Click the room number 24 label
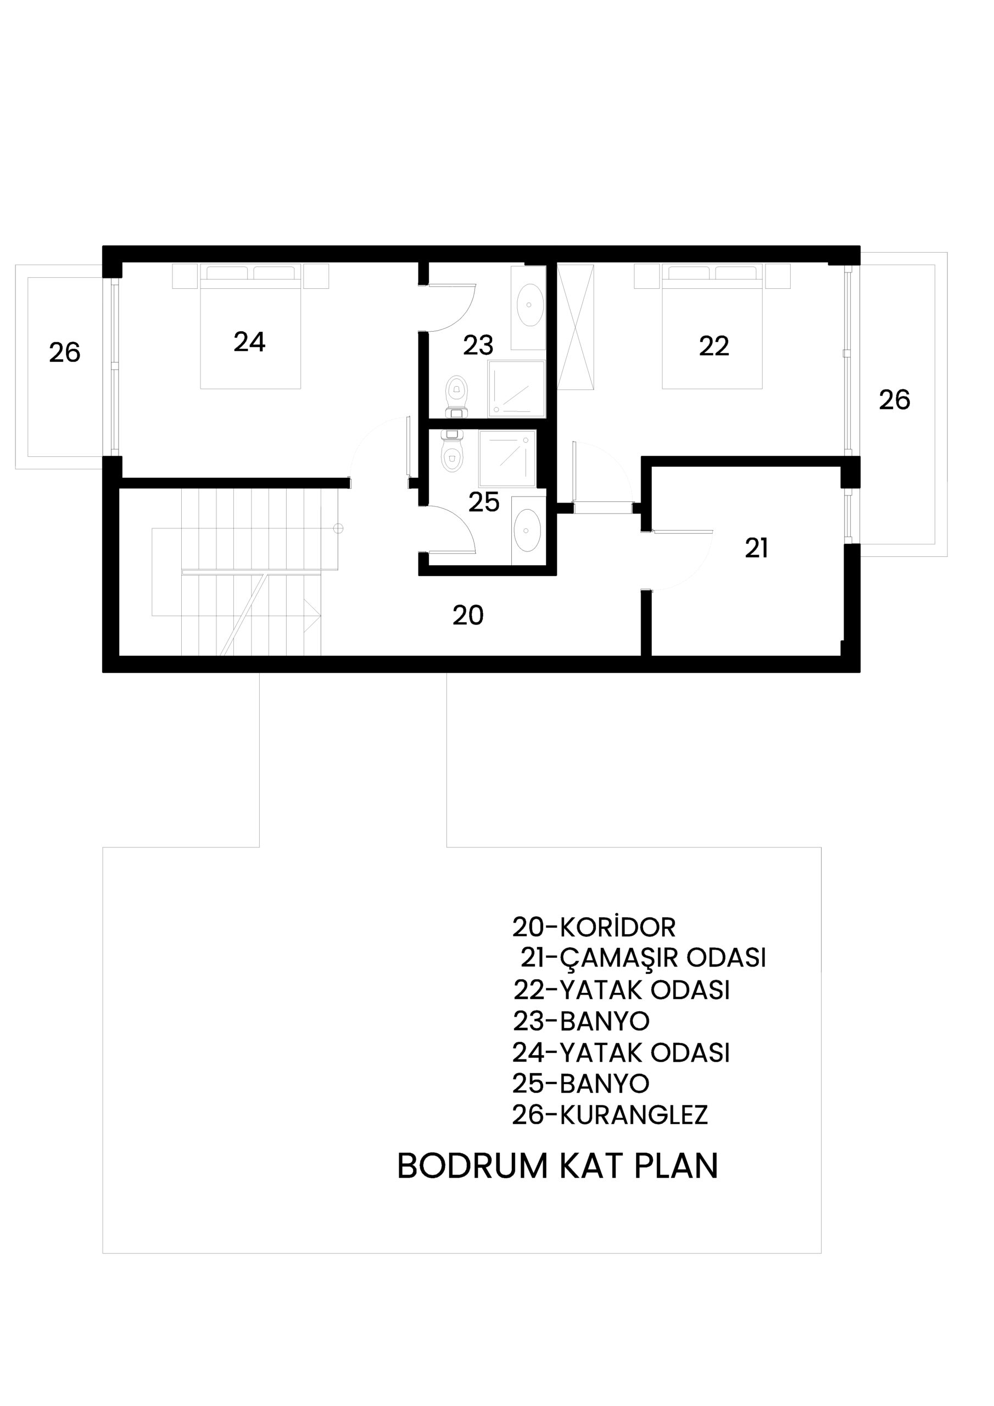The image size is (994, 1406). click(x=249, y=342)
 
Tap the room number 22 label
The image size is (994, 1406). click(x=714, y=346)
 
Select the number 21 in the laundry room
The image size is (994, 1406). click(x=756, y=548)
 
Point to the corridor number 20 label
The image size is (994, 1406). click(x=468, y=615)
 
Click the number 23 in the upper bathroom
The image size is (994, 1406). click(x=478, y=345)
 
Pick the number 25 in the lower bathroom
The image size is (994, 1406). click(x=484, y=502)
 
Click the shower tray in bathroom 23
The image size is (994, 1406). click(x=516, y=389)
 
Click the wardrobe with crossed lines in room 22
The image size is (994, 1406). click(x=575, y=327)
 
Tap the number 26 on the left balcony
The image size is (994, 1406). click(x=64, y=352)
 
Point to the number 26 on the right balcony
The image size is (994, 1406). click(x=894, y=400)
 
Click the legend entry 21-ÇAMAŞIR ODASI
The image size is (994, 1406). click(x=643, y=957)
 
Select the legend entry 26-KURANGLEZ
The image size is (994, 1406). click(x=610, y=1114)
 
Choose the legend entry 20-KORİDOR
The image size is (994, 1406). click(x=594, y=927)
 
